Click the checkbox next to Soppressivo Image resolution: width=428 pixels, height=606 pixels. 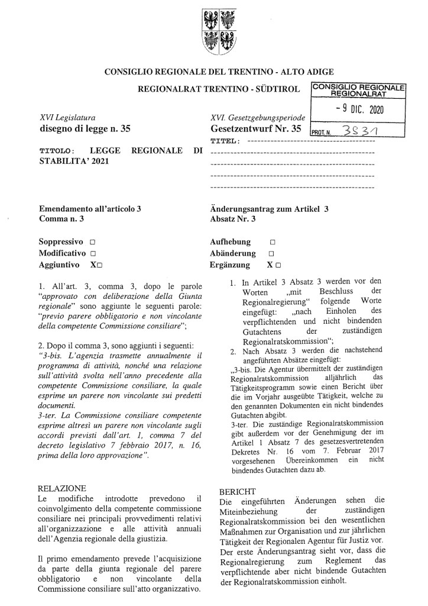93,242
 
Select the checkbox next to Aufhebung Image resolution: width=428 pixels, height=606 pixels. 273,242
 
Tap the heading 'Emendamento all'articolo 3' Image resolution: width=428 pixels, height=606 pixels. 90,208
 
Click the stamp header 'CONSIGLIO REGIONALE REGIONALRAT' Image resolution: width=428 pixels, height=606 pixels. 358,90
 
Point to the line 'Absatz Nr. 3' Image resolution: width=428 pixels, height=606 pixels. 233,219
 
